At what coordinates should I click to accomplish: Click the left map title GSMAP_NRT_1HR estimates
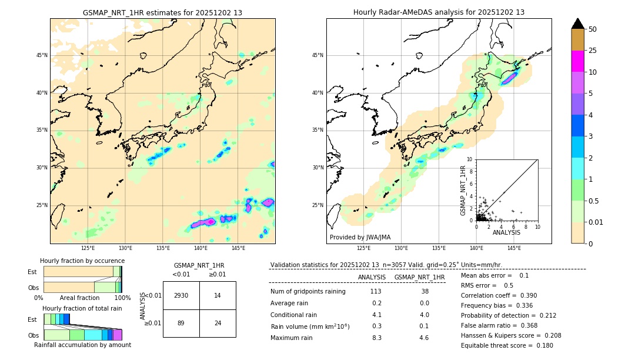pyautogui.click(x=162, y=12)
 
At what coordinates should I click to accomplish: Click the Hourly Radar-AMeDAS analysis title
pyautogui.click(x=439, y=12)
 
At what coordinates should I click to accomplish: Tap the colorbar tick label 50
pyautogui.click(x=593, y=29)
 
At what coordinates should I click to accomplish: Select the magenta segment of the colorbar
pyautogui.click(x=577, y=61)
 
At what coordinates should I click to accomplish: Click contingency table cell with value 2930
pyautogui.click(x=181, y=295)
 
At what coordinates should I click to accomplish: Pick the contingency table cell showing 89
pyautogui.click(x=181, y=323)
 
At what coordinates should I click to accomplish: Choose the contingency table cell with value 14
pyautogui.click(x=218, y=295)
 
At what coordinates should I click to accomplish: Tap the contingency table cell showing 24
pyautogui.click(x=218, y=323)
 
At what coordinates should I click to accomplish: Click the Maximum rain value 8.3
pyautogui.click(x=376, y=338)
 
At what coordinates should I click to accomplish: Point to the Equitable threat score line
pyautogui.click(x=507, y=345)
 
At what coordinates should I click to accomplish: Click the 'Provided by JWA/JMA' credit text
pyautogui.click(x=360, y=237)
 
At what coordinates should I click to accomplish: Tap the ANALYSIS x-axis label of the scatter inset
pyautogui.click(x=506, y=232)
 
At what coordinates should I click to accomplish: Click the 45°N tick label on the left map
pyautogui.click(x=42, y=55)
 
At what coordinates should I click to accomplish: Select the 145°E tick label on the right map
pyautogui.click(x=514, y=248)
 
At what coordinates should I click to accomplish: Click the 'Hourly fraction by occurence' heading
pyautogui.click(x=82, y=261)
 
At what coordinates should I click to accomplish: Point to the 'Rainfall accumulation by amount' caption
pyautogui.click(x=82, y=345)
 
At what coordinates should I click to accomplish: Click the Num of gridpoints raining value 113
pyautogui.click(x=376, y=292)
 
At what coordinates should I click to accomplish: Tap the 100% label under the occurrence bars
pyautogui.click(x=122, y=298)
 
